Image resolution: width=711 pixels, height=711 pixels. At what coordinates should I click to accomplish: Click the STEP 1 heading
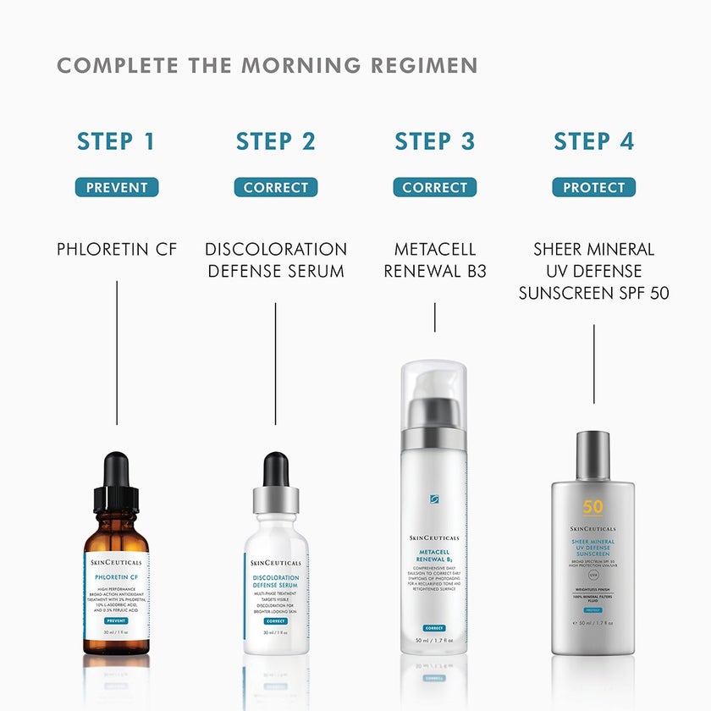(x=116, y=141)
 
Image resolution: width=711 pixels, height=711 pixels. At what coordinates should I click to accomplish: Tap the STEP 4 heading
(x=593, y=141)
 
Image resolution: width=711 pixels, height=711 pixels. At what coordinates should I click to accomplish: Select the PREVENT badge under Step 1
(x=116, y=187)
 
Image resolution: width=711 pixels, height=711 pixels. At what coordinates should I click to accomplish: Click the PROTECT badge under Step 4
(x=593, y=187)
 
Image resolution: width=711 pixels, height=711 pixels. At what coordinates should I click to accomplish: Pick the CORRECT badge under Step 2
(x=275, y=187)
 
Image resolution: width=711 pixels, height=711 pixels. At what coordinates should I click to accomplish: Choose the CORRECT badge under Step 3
(x=434, y=187)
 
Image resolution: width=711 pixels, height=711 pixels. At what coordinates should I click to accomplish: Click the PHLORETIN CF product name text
(x=116, y=250)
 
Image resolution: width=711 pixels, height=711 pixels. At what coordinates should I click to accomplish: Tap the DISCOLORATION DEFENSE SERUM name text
(x=275, y=261)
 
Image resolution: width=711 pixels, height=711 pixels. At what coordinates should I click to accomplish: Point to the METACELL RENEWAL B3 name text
(x=434, y=261)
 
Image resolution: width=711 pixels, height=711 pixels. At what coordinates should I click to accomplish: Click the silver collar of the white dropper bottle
(x=276, y=500)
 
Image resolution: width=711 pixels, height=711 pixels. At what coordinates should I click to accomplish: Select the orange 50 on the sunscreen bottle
(x=593, y=508)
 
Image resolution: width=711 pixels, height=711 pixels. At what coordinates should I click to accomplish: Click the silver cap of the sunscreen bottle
(x=593, y=455)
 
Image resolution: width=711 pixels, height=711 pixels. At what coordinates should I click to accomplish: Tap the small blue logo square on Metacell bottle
(x=434, y=499)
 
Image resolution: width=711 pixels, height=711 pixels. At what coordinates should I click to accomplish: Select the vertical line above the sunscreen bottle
(x=593, y=364)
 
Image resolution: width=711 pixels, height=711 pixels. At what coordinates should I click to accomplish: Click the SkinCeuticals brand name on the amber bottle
(x=116, y=562)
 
